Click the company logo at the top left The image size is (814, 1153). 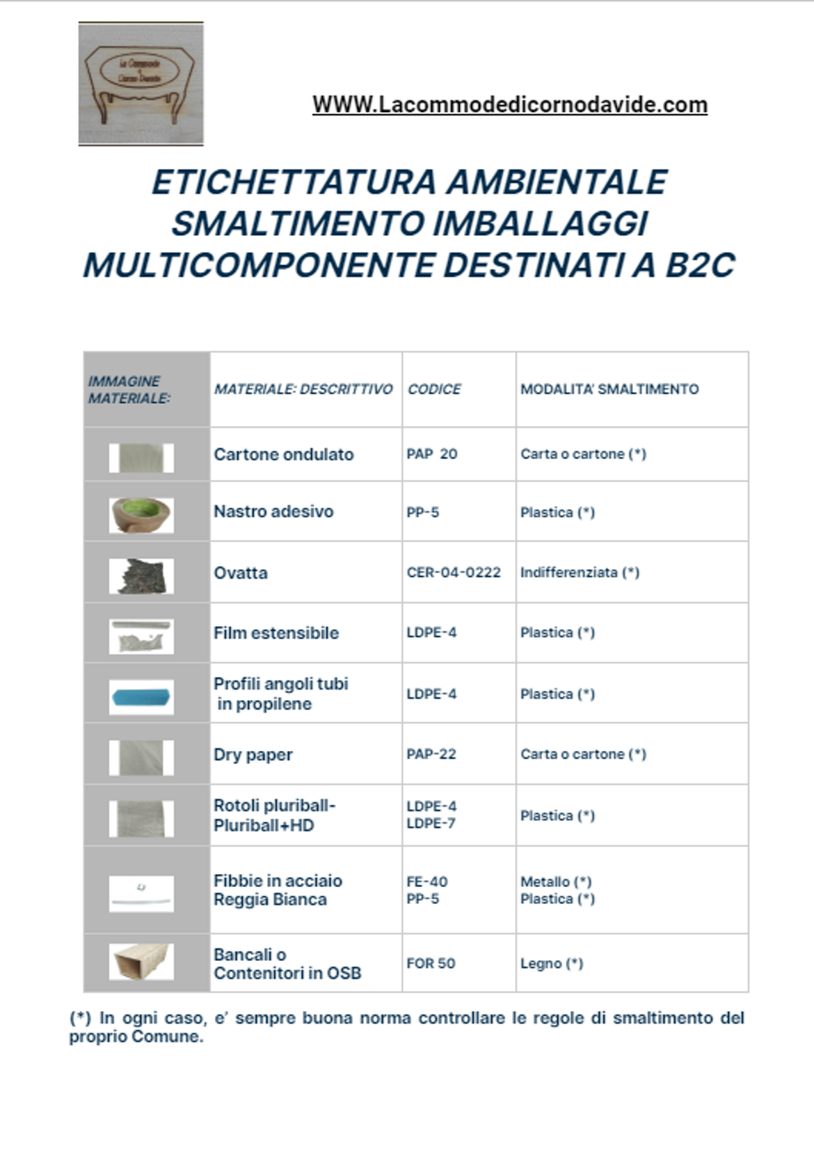pos(141,84)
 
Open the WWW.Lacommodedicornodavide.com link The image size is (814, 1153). pos(509,105)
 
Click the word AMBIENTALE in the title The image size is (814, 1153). pos(556,182)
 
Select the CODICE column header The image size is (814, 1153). pos(434,390)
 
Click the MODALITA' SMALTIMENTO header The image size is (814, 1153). pos(609,390)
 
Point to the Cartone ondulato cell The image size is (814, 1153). pos(283,454)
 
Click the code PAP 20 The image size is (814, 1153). pos(431,454)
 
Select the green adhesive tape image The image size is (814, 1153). pos(141,515)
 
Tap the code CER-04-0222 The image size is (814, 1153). pos(454,573)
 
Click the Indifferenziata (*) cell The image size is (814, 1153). pos(580,573)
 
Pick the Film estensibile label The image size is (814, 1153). pos(276,633)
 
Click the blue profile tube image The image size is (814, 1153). pos(141,697)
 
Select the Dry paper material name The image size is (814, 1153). pos(253,755)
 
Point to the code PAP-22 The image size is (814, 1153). pos(431,754)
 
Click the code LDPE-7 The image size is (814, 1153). pos(431,824)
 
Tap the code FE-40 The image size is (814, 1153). pos(427,882)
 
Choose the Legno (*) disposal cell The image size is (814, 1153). pos(552,964)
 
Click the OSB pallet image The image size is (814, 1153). pos(141,962)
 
